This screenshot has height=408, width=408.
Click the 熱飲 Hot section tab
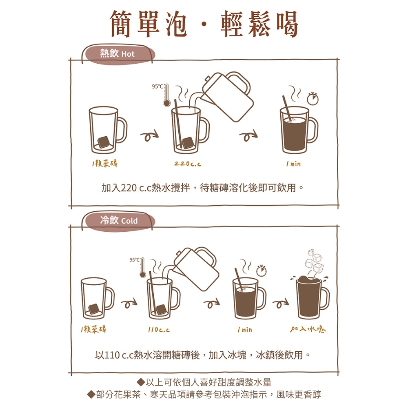coord(118,54)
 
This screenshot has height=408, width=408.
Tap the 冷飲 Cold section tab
coord(118,221)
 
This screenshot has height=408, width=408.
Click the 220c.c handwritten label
coord(188,164)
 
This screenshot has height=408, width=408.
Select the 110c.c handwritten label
coord(159,330)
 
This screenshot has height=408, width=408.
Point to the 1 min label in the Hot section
coord(293,164)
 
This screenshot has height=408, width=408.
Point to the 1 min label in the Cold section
coord(245,330)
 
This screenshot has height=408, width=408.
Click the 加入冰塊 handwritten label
coord(308,329)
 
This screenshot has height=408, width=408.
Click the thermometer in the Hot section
coord(166,95)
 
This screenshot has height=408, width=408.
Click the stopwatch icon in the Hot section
coord(313,98)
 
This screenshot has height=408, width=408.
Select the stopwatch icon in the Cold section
coord(261,271)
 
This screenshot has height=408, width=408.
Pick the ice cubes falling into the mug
coord(314,262)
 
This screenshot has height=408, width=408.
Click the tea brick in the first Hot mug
coord(103,142)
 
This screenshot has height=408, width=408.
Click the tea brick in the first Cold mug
coord(94,310)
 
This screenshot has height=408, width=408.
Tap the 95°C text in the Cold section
coord(134,259)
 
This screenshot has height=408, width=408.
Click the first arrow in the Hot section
coord(149,135)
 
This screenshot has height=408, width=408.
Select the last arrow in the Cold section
coord(281,303)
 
